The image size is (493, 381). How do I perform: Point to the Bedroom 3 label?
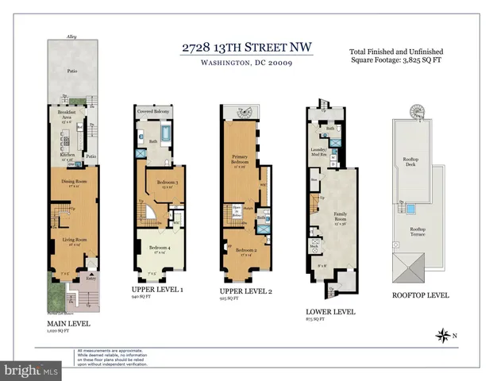pos(167,183)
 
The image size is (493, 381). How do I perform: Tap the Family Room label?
pos(345,214)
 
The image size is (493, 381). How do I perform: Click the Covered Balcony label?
pos(155,113)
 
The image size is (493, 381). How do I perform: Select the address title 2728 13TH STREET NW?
pos(246,48)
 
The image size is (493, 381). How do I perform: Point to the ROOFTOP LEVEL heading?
pos(420,294)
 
